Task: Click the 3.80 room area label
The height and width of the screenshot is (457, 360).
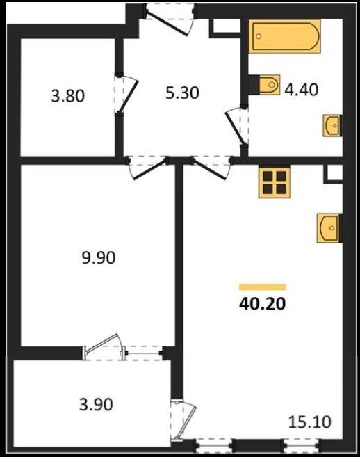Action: point(68,96)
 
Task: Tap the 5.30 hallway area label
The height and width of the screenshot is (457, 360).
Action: point(182,93)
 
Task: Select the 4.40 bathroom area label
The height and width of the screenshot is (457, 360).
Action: point(301,90)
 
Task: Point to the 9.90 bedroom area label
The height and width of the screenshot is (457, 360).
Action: point(99,258)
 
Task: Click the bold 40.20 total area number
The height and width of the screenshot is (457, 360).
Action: point(262,304)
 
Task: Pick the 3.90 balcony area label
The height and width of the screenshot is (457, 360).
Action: point(96,405)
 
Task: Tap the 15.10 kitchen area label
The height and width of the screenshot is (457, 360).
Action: point(309,422)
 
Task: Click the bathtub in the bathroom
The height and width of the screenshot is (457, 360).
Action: point(284,37)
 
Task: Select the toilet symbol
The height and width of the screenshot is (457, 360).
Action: point(269,85)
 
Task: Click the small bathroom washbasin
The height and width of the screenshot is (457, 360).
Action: point(332,126)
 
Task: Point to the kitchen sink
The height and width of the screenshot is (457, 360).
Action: point(329,228)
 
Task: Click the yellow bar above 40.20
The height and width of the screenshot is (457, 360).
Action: point(263,287)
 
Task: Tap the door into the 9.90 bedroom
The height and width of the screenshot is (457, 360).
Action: point(147,168)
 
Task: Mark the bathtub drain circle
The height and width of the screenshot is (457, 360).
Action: point(259,36)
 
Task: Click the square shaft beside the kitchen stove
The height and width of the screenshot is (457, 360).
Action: point(334,174)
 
